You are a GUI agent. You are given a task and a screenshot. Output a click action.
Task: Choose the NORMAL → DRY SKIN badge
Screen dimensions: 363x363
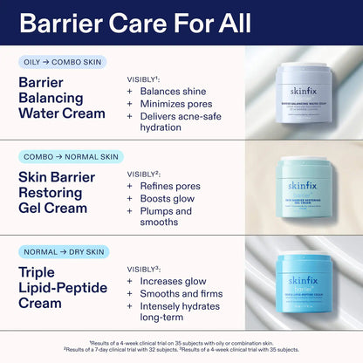[x=64, y=251]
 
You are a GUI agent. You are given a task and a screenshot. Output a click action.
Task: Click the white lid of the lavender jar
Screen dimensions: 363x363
[x=304, y=63]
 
